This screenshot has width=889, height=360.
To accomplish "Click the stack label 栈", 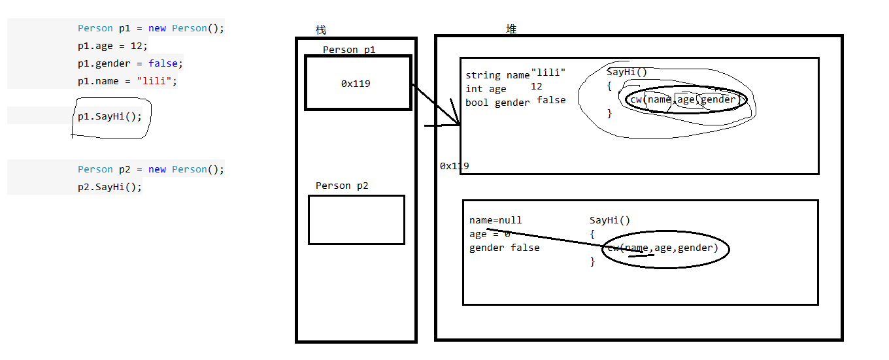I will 320,30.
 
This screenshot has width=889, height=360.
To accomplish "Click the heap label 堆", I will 511,29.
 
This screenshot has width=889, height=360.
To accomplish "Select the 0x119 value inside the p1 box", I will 356,84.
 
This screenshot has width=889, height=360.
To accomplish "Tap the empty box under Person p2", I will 356,220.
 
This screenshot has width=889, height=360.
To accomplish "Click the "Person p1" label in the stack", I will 349,50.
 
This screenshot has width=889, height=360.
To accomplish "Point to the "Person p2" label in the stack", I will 342,186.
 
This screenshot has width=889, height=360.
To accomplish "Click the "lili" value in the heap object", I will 548,73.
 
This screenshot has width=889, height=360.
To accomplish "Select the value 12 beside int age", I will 536,86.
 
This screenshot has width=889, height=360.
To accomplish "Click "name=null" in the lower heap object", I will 495,220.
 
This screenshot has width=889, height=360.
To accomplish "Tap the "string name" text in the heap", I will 497,75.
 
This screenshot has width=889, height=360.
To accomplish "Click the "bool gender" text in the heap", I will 497,103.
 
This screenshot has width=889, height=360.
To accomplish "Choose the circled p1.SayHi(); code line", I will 109,116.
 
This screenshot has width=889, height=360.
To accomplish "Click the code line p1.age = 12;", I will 112,46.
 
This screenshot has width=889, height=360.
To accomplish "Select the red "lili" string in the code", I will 156,81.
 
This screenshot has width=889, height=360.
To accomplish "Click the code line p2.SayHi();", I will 109,187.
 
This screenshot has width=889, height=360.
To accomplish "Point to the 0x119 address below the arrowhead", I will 454,166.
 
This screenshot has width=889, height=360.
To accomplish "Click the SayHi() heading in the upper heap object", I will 626,72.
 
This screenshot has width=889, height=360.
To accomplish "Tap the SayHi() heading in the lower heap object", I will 610,220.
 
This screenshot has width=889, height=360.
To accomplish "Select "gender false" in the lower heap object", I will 505,248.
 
